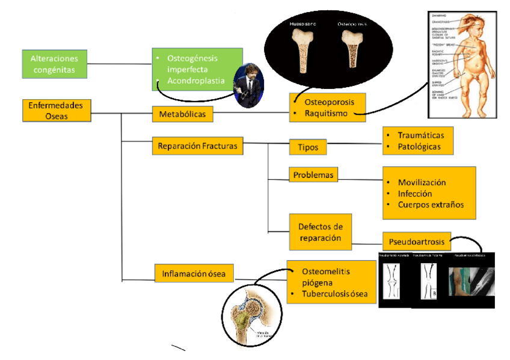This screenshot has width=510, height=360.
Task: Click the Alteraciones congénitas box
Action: tap(54, 64)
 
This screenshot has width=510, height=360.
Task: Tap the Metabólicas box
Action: tap(182, 114)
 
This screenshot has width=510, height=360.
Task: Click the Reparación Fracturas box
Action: tap(197, 146)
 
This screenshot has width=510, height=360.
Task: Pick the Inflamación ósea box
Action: tap(194, 273)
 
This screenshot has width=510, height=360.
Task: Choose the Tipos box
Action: tap(307, 147)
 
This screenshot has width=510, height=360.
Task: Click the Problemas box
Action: tap(313, 175)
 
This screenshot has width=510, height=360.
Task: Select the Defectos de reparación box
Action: tap(320, 233)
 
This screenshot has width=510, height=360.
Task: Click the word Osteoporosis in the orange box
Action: tap(333, 102)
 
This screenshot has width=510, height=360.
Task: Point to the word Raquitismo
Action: tap(328, 113)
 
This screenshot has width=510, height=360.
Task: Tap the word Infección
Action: tap(415, 194)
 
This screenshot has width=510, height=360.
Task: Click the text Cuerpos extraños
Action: tap(431, 205)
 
